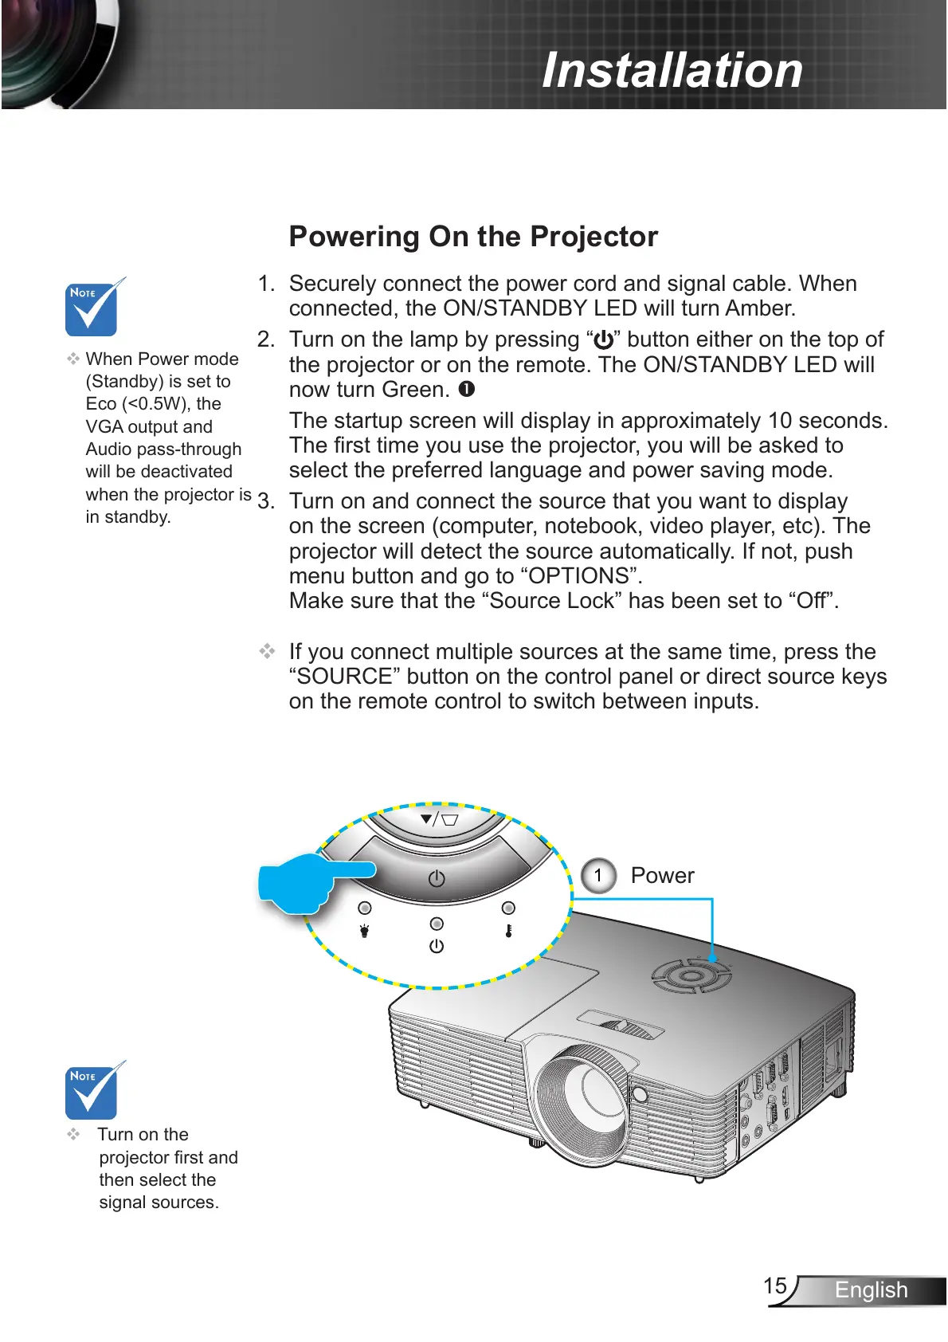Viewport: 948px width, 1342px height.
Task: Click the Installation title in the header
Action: point(672,70)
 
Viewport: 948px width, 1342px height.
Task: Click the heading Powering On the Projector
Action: point(473,237)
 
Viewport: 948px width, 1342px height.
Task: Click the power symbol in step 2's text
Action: point(604,340)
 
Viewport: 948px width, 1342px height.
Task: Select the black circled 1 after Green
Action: point(467,389)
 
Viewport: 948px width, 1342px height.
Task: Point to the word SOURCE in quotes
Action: point(345,677)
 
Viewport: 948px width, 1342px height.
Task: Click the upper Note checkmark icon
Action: point(92,308)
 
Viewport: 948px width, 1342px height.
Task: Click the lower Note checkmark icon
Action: point(92,1091)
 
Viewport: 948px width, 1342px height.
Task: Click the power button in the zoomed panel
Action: point(437,878)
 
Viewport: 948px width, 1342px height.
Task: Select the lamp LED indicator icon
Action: point(365,930)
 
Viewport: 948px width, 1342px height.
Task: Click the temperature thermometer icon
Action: point(508,930)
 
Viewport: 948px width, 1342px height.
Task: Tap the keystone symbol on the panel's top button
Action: point(440,818)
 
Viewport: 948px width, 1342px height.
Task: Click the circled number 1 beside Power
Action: point(598,875)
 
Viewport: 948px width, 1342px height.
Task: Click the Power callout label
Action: point(662,875)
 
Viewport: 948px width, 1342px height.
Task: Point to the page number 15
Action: point(775,1285)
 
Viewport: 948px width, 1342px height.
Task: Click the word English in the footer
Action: point(871,1289)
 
